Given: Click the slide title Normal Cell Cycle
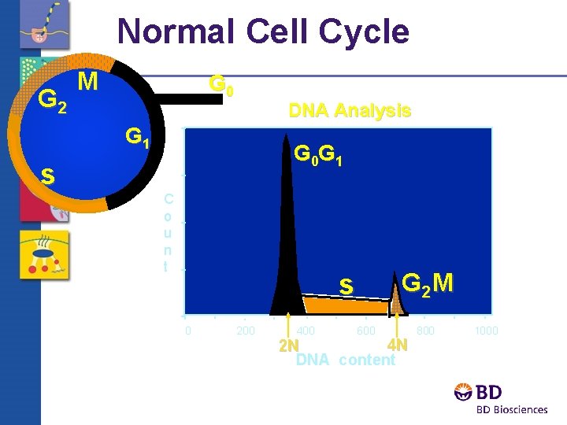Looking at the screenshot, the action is [263, 32].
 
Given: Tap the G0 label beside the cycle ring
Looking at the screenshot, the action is [220, 85].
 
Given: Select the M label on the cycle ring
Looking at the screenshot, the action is [88, 81].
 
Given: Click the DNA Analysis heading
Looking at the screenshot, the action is [350, 111].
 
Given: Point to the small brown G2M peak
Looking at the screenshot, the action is [398, 296].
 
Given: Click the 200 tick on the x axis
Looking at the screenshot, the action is [246, 331].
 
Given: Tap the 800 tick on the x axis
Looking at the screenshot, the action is [425, 331].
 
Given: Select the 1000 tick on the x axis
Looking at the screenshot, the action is [486, 331].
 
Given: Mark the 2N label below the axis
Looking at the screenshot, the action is [289, 346].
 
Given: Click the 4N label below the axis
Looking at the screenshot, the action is [398, 346].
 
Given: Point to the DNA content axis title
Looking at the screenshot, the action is [345, 360].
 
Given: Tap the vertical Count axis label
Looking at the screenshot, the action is [165, 232].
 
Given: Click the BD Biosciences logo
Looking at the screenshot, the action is [500, 398].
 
